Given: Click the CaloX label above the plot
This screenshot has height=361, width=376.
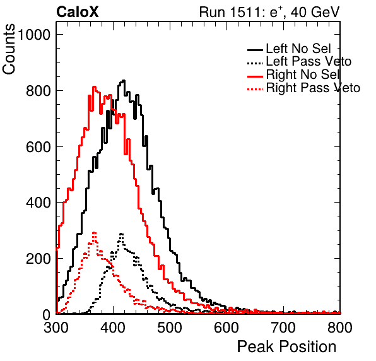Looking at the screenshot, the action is pyautogui.click(x=78, y=12).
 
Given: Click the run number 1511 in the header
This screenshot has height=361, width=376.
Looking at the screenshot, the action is pyautogui.click(x=245, y=12).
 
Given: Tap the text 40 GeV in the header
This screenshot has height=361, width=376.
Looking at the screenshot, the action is pyautogui.click(x=315, y=12).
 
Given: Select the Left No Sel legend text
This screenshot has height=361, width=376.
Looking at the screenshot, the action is pyautogui.click(x=298, y=49).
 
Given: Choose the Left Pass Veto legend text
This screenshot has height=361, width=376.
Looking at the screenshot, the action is pyautogui.click(x=308, y=61).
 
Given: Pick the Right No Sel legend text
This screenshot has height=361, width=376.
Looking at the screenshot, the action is pyautogui.click(x=303, y=74).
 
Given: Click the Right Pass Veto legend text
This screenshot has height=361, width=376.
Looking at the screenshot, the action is pyautogui.click(x=313, y=88).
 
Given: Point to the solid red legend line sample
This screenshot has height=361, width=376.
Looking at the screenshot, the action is pyautogui.click(x=255, y=76).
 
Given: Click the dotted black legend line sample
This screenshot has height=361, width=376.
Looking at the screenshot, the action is pyautogui.click(x=255, y=63).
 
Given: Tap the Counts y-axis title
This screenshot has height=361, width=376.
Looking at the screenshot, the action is pyautogui.click(x=9, y=49).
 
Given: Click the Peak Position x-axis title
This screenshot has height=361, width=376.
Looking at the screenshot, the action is pyautogui.click(x=286, y=346).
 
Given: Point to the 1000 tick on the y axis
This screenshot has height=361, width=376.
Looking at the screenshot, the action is pyautogui.click(x=33, y=35).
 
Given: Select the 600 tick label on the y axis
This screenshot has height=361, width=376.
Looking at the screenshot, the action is pyautogui.click(x=38, y=147).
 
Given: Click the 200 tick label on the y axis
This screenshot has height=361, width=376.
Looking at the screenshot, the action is pyautogui.click(x=38, y=259).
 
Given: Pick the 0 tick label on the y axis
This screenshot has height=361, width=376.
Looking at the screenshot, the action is pyautogui.click(x=46, y=315).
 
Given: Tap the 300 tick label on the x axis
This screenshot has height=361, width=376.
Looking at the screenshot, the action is pyautogui.click(x=56, y=328).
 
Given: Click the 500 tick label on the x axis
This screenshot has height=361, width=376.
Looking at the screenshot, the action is pyautogui.click(x=170, y=328).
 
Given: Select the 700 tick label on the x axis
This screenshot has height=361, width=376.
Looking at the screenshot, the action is pyautogui.click(x=283, y=328).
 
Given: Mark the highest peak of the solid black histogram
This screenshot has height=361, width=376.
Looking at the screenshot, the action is pyautogui.click(x=124, y=81).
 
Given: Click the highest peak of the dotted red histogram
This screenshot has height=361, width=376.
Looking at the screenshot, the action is pyautogui.click(x=94, y=232).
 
